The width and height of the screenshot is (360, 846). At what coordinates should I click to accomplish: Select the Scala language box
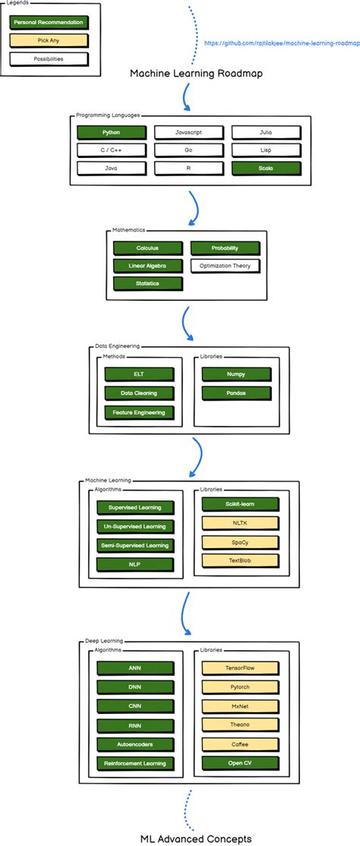point(265,168)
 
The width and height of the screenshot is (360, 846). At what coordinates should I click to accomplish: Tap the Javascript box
point(188,132)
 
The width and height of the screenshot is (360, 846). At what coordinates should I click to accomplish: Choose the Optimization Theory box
point(225,266)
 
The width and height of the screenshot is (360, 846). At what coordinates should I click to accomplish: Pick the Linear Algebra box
point(147,266)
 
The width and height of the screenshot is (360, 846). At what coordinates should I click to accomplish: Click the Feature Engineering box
point(138,412)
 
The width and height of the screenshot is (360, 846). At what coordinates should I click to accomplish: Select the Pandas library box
point(235,393)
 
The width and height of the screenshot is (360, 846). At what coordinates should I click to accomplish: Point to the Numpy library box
point(235,374)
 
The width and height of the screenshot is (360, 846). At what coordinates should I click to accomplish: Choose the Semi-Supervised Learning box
point(134,545)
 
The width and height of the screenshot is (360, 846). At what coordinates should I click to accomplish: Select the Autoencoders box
point(134,744)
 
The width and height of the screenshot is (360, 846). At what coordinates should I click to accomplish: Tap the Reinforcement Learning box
point(134,763)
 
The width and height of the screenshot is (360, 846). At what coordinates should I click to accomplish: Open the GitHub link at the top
point(282,43)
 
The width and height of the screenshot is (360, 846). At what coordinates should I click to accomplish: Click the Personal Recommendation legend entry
point(49,23)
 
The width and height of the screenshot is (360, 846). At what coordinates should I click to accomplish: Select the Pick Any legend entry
point(49,40)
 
